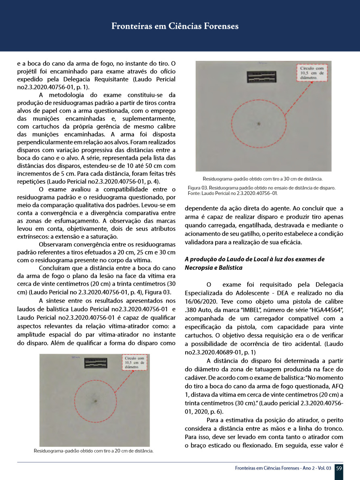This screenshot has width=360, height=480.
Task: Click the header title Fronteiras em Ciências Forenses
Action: [175, 27]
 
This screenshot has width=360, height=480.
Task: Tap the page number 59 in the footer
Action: [339, 468]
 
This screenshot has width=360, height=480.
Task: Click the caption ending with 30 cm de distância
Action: [262, 179]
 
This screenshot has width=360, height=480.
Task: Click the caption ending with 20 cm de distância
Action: [94, 451]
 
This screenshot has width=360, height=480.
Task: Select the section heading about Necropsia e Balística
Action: [254, 263]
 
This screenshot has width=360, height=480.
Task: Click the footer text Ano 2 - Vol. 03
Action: [311, 468]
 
